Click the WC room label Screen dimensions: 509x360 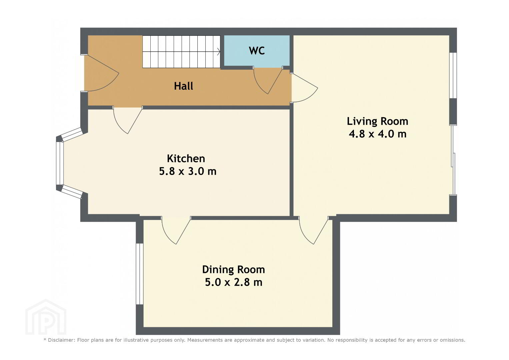[x=257, y=51]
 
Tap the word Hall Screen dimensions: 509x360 [x=184, y=86]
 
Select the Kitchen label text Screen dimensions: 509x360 [x=186, y=158]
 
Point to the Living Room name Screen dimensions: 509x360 [x=377, y=121]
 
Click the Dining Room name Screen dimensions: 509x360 [x=234, y=270]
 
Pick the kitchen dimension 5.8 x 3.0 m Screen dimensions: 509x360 [x=188, y=171]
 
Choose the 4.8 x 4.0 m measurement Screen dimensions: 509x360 [x=377, y=134]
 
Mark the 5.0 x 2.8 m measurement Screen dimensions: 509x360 [x=234, y=282]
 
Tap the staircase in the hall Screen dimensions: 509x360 [x=181, y=52]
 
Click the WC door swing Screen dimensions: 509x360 [x=268, y=81]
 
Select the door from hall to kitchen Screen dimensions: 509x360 [x=128, y=120]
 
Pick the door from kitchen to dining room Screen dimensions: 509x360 [x=176, y=230]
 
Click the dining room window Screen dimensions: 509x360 [x=140, y=274]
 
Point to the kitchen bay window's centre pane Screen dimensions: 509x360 [x=60, y=163]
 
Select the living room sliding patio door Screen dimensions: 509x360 [x=453, y=160]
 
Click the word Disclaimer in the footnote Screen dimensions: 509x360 [x=61, y=340]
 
